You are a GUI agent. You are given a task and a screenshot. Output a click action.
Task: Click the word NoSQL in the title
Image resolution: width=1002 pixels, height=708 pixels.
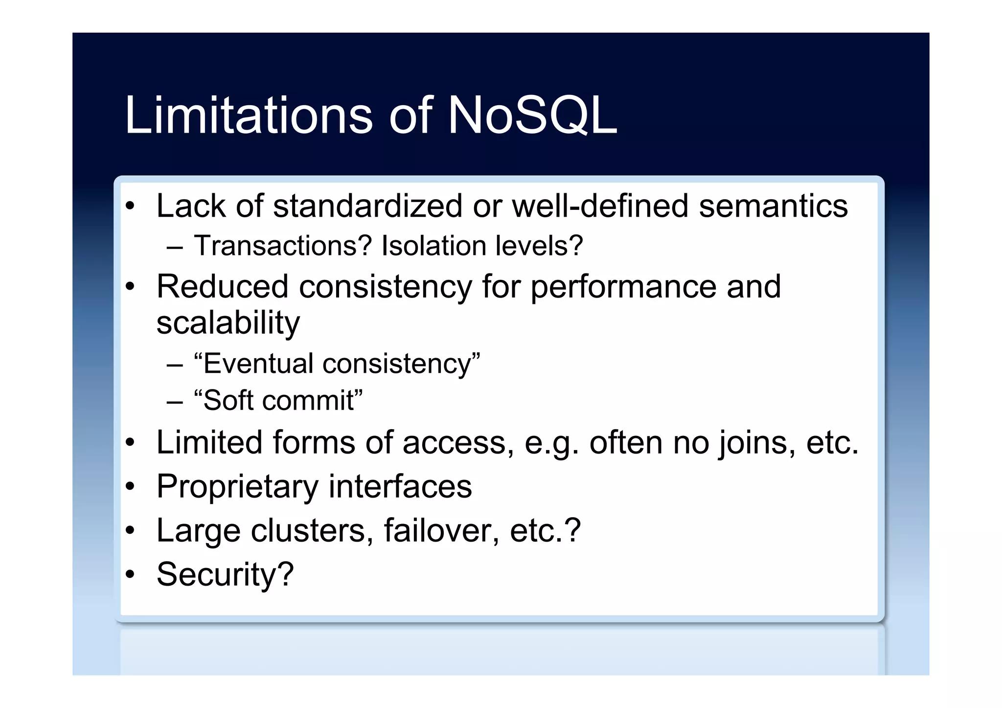(x=532, y=115)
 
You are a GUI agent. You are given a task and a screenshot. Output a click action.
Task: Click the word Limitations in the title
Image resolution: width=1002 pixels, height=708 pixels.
(x=249, y=115)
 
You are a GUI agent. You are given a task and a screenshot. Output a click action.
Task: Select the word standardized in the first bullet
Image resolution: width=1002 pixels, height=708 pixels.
(x=367, y=206)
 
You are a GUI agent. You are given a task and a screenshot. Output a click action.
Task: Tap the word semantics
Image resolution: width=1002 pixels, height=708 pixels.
(x=773, y=206)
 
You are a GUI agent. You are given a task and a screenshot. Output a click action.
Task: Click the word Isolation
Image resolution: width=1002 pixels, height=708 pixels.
(x=431, y=245)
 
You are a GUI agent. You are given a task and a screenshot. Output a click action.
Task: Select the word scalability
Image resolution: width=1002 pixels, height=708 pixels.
(x=228, y=323)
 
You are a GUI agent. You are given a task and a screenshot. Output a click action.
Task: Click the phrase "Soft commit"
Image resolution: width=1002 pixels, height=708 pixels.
(x=278, y=400)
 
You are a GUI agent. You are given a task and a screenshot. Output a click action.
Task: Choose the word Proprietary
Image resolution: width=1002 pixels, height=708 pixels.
(x=237, y=487)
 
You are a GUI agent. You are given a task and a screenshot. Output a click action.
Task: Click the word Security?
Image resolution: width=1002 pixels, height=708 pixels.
(x=225, y=574)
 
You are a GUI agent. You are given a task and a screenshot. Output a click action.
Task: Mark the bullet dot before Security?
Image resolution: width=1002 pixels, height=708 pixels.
(x=129, y=574)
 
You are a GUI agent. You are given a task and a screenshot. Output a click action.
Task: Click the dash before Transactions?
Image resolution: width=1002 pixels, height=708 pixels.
(x=175, y=247)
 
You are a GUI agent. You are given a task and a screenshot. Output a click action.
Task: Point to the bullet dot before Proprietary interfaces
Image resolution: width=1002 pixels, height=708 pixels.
(x=129, y=487)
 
